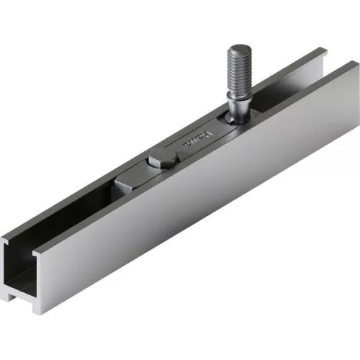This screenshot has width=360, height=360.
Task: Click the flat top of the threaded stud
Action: [x=239, y=50]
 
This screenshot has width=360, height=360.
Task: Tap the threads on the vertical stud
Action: [x=239, y=68]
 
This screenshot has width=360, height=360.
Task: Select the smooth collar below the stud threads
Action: [x=238, y=98]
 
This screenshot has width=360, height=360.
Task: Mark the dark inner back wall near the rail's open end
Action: [x=65, y=216]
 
